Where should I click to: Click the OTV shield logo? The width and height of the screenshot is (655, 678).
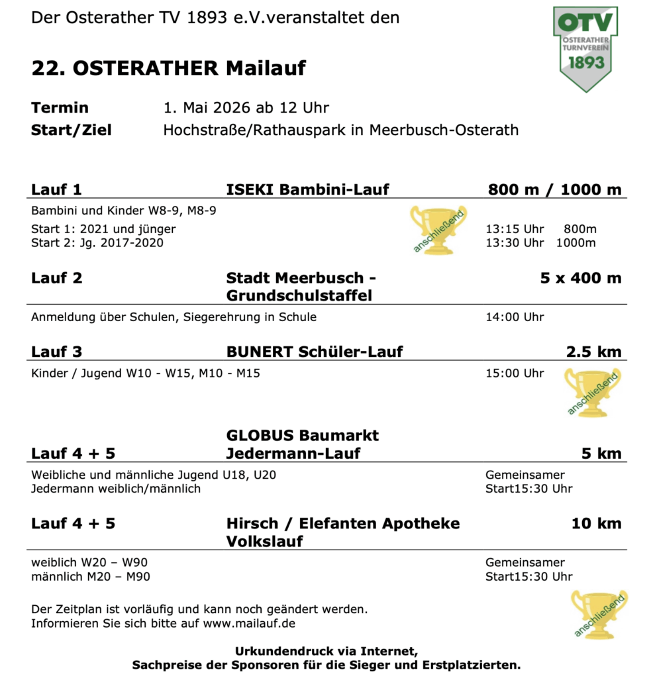(585, 46)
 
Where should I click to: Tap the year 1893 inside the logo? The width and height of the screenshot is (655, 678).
(585, 62)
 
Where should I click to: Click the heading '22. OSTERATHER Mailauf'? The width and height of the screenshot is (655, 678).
(168, 68)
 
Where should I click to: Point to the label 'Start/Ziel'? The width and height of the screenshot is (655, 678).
(71, 130)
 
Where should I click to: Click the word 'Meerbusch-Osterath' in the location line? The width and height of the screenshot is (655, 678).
(444, 130)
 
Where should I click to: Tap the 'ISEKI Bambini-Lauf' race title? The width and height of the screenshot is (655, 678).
(307, 189)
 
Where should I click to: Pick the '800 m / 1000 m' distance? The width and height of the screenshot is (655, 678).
(554, 189)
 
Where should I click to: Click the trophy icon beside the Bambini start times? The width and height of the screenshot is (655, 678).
(438, 229)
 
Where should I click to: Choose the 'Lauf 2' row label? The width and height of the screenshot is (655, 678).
(56, 277)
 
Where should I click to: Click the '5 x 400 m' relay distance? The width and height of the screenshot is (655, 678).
(581, 277)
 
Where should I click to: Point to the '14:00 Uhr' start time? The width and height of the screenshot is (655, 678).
(515, 317)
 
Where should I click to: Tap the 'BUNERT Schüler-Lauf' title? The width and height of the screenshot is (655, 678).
(314, 351)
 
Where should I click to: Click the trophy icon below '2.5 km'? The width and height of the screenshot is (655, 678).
(591, 392)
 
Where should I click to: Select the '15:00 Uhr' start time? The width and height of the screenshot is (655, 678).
(515, 373)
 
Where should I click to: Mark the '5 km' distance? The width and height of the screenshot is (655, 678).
(601, 454)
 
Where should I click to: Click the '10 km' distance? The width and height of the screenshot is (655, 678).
(596, 524)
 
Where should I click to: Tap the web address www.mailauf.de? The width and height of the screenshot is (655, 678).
(249, 623)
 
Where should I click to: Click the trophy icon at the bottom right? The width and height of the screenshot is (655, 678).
(599, 615)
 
